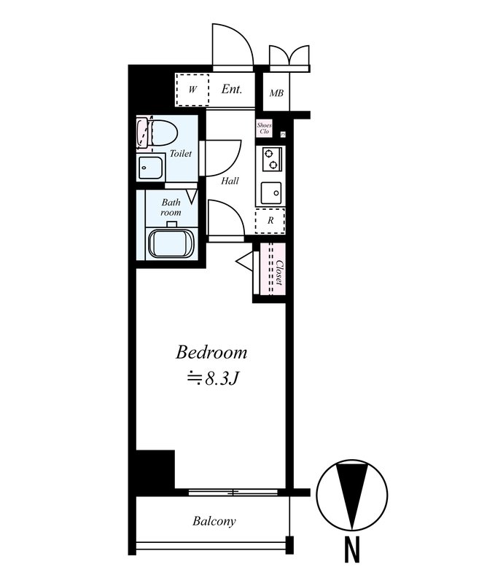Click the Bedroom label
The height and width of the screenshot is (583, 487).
(x=211, y=353)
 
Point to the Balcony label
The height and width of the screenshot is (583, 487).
(x=214, y=521)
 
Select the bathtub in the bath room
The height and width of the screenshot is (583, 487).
(x=171, y=243)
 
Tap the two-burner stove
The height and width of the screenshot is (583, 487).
(x=272, y=159)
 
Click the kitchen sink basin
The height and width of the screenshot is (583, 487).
(x=271, y=193)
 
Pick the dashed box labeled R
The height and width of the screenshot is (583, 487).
(x=270, y=221)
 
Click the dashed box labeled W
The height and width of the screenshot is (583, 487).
(x=192, y=90)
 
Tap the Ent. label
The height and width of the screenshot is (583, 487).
(x=232, y=89)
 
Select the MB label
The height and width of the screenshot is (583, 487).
(x=276, y=93)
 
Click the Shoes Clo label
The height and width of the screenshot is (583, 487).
(x=264, y=128)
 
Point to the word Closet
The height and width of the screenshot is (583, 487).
(x=279, y=272)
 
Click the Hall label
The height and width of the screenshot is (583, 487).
(x=230, y=181)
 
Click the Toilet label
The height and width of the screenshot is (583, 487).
(x=181, y=153)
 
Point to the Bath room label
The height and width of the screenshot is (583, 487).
(x=171, y=208)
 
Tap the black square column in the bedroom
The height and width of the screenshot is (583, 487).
(x=155, y=469)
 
